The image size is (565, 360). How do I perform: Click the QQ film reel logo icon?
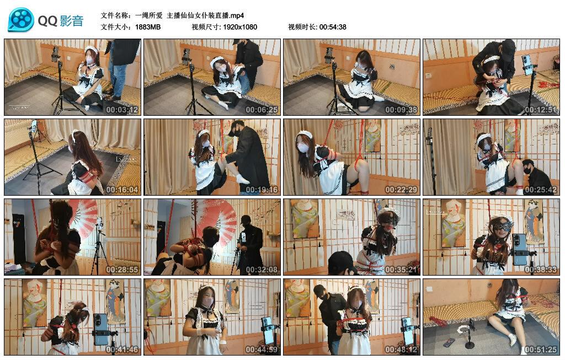(21, 20)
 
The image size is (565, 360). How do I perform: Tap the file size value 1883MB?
(148, 27)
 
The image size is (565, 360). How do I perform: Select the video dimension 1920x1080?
(240, 27)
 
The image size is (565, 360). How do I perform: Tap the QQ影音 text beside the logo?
(61, 21)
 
